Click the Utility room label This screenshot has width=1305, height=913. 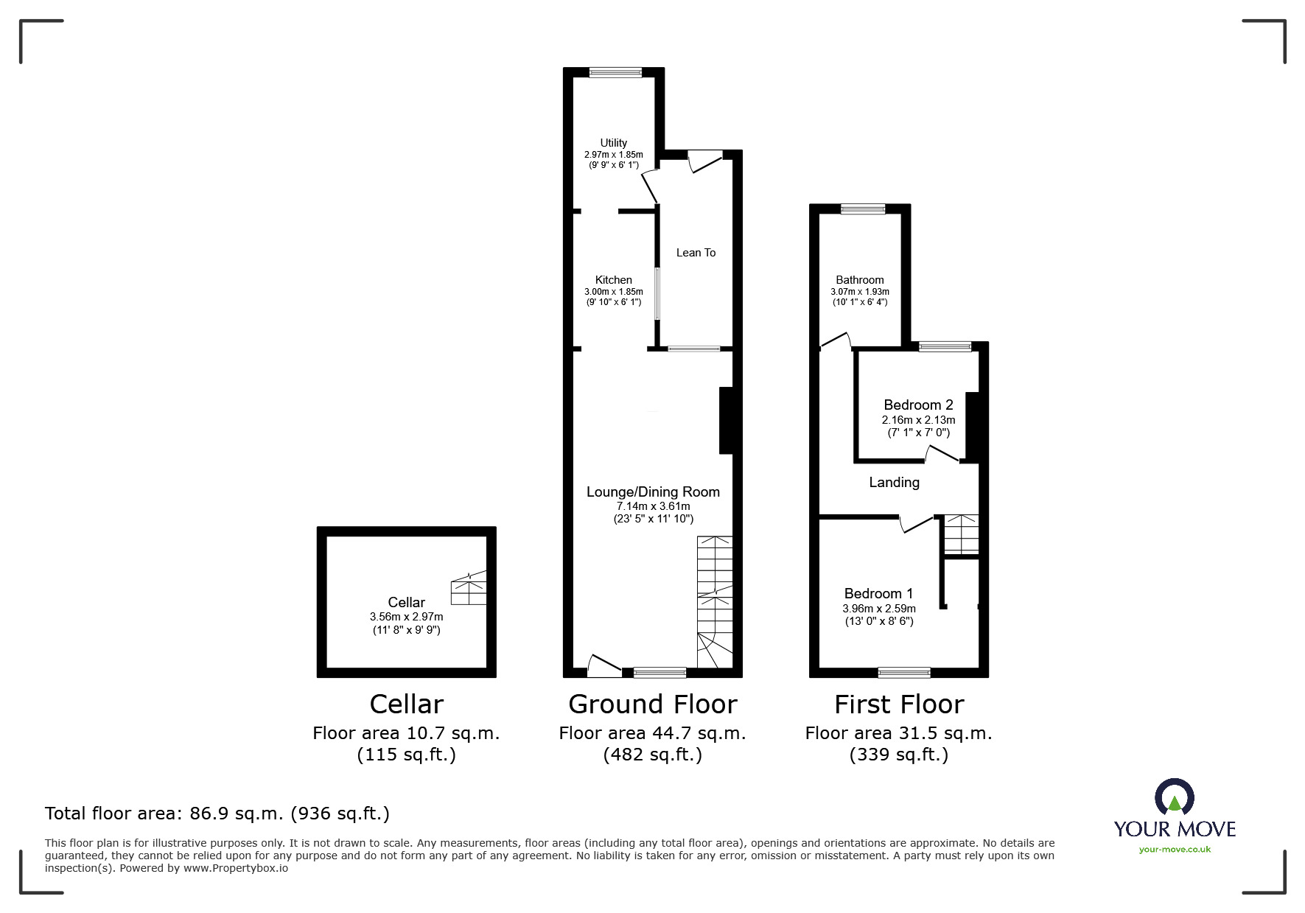point(613,143)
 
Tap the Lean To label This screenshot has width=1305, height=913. point(696,253)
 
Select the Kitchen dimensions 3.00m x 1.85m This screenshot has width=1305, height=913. point(613,292)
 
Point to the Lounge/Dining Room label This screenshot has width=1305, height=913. point(653,492)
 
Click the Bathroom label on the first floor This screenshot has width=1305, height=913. point(859,280)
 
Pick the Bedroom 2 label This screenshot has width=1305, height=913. point(918,405)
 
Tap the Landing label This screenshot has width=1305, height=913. point(894,483)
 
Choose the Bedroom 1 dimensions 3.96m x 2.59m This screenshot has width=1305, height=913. point(879,609)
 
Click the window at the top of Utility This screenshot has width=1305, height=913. point(615,72)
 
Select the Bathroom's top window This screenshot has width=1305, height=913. point(863,209)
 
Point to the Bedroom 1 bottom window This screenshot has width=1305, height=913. point(904,672)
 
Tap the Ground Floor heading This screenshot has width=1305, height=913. point(652,704)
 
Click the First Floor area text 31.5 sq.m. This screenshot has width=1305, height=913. point(898,733)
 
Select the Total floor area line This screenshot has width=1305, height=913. point(217,814)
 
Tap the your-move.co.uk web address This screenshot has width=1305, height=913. point(1175,850)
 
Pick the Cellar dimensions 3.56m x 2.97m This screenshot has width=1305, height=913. point(406,617)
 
